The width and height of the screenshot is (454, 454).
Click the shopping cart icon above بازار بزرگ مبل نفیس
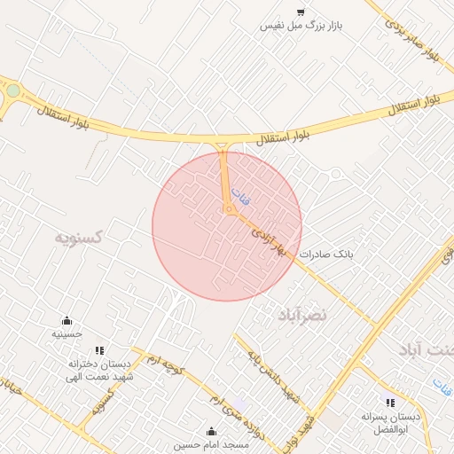pos(301,12)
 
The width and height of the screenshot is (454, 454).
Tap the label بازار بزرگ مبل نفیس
pos(301,26)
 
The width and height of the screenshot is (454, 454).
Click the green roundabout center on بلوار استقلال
pos(12,90)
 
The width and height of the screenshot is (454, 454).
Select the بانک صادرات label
pos(325,254)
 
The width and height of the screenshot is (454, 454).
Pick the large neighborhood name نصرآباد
pos(302,315)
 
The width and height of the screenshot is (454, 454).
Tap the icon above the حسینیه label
pos(67,320)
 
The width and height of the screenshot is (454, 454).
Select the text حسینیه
pos(67,334)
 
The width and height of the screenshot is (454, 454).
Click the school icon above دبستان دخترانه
pos(99,350)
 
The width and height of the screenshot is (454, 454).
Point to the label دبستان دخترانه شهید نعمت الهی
pos(99,372)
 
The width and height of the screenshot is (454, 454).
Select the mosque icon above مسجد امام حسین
pos(211,432)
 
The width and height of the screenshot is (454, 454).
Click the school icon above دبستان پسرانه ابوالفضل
pos(390,403)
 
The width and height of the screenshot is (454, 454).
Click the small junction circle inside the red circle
pos(229,210)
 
